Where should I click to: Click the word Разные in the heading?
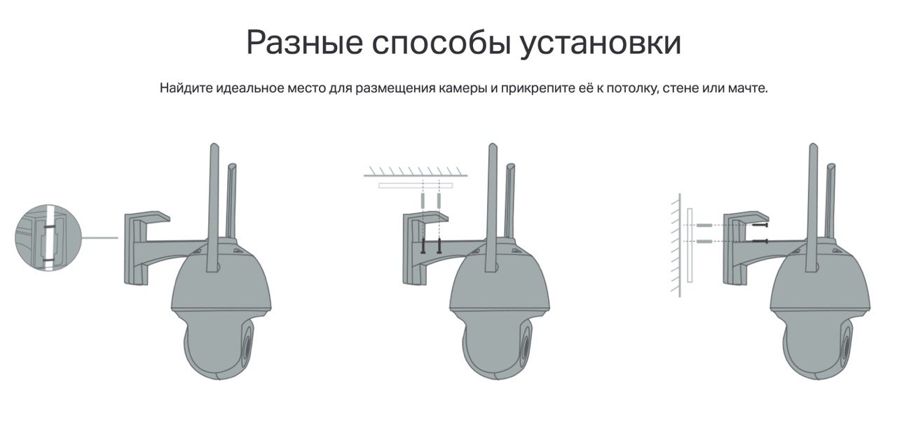coord(305,42)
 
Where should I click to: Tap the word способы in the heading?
coord(441,43)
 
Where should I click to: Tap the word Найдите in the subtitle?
coord(186,88)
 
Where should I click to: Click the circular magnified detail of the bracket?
coord(48,238)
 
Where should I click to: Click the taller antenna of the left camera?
coord(214,208)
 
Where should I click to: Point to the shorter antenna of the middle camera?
coord(509,200)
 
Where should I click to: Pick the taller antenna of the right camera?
coord(813,208)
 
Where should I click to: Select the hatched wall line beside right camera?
coord(676,246)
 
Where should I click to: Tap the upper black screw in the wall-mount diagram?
coord(760,225)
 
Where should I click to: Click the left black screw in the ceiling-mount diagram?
coord(423,246)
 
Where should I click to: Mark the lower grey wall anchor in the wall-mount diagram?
coord(704,241)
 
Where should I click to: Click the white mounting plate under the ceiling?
coord(416,186)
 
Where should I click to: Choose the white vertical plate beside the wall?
coord(690,246)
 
